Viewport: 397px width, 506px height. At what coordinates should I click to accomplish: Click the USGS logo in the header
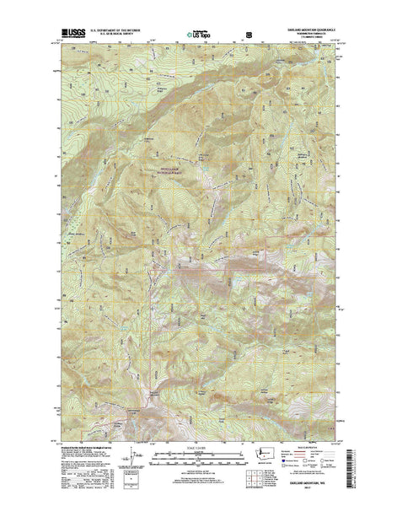pyautogui.click(x=72, y=35)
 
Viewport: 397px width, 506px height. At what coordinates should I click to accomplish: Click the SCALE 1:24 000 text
pyautogui.click(x=199, y=447)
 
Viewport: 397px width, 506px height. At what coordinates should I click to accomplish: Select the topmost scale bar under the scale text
pyautogui.click(x=199, y=453)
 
